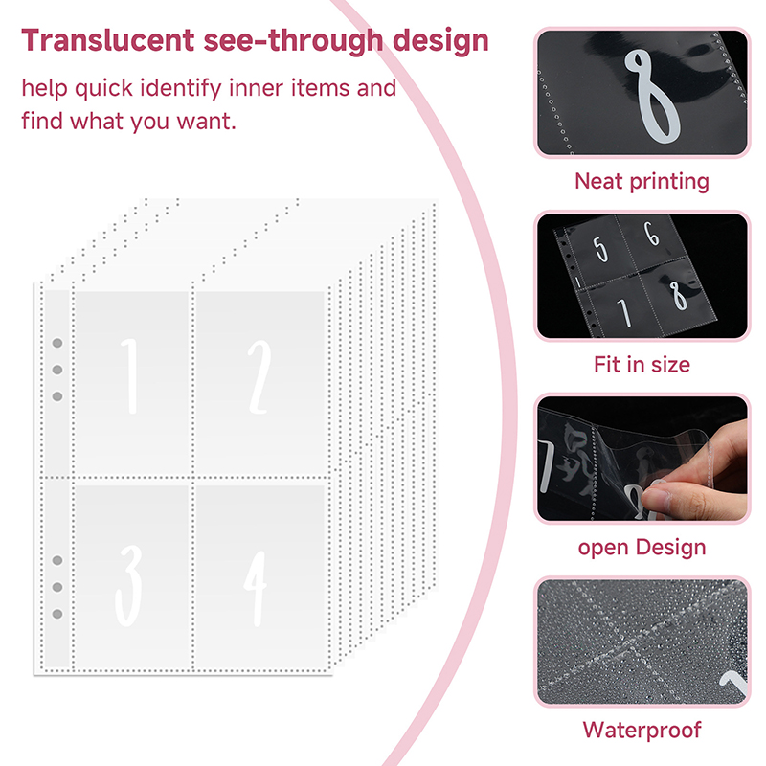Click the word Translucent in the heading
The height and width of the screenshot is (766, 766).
tap(108, 40)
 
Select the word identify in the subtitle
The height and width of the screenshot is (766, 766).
tap(181, 89)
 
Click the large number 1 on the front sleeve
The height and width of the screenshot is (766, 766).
tap(130, 376)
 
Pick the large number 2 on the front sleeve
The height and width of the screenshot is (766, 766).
tap(259, 377)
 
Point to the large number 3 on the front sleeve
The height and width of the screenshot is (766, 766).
tap(129, 585)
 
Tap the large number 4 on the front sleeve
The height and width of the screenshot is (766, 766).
tap(256, 589)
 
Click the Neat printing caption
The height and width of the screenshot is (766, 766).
tap(642, 181)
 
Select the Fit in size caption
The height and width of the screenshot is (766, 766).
tap(642, 365)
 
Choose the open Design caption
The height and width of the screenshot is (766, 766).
tap(642, 548)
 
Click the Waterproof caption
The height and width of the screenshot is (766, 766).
tap(642, 731)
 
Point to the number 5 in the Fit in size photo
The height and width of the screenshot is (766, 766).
tap(601, 250)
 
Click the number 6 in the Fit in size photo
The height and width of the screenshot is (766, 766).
tap(652, 234)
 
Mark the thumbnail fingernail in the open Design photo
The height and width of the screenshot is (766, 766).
tap(654, 498)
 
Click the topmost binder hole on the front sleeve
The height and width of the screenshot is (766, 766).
tap(57, 343)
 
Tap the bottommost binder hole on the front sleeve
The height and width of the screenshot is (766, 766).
tap(57, 614)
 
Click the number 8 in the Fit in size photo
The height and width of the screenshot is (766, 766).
tap(678, 296)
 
